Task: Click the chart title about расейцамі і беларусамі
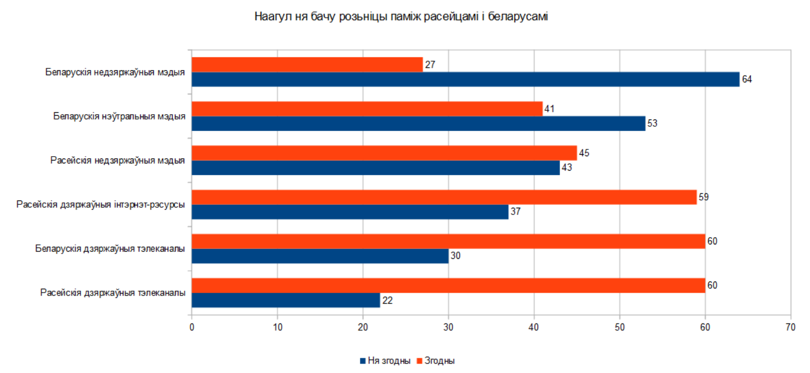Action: (401, 17)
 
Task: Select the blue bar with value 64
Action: (465, 80)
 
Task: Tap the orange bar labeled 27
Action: (307, 65)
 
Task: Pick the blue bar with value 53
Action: (418, 123)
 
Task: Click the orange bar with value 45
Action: (384, 153)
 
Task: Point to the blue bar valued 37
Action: (350, 212)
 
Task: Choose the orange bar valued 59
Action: (444, 197)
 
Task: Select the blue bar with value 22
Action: (286, 300)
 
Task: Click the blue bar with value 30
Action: (320, 256)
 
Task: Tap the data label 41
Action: (549, 109)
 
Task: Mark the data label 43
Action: (567, 167)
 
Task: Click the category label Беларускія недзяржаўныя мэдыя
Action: (115, 72)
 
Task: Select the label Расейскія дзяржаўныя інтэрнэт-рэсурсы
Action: (100, 204)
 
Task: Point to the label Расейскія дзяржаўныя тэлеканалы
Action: (112, 293)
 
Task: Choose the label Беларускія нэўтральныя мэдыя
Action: (119, 116)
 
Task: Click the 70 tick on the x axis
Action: (790, 327)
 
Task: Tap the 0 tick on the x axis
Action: (192, 327)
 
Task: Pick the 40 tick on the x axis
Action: (534, 327)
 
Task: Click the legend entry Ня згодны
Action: (389, 360)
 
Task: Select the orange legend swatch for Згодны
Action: (419, 361)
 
